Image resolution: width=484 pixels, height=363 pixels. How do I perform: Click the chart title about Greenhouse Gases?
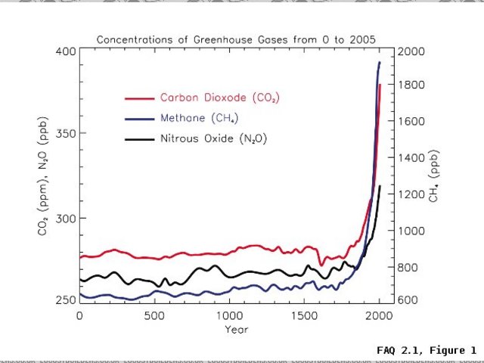[x=236, y=39]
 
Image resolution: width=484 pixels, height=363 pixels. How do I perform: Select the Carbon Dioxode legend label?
[x=213, y=98]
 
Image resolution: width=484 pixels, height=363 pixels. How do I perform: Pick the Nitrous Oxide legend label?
[x=213, y=139]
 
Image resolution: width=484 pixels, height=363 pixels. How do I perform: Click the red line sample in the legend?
[x=138, y=98]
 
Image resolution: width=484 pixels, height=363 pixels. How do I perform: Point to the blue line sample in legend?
[x=138, y=119]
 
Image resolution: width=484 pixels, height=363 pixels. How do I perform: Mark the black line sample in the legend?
[x=138, y=139]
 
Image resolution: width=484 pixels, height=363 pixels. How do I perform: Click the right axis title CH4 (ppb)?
[x=435, y=175]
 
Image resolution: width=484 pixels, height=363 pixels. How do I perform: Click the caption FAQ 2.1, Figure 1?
[x=427, y=350]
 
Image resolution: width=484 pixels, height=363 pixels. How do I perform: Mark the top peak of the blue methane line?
[x=379, y=62]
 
